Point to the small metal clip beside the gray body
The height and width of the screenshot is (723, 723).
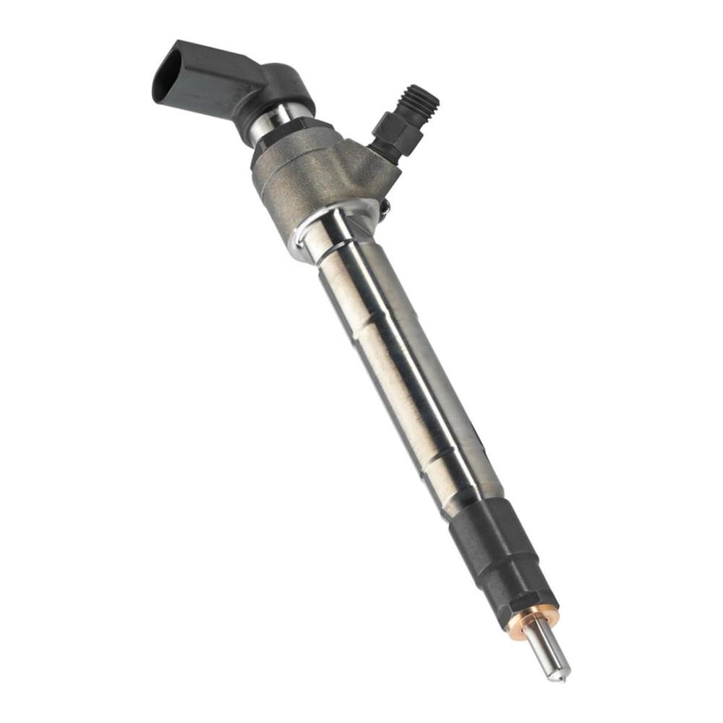point(385,208)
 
